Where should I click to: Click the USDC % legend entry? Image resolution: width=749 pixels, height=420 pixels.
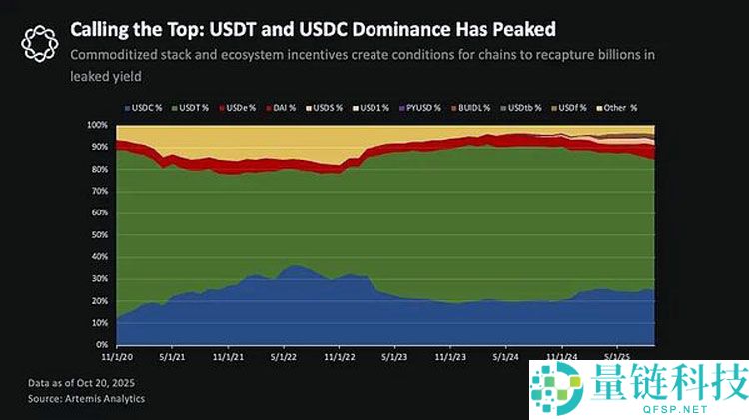[146, 106]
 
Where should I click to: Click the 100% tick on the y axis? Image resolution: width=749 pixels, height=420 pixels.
[98, 125]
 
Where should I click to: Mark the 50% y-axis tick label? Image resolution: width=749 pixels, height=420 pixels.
[100, 234]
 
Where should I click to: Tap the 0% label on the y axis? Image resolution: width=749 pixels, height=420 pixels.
[102, 344]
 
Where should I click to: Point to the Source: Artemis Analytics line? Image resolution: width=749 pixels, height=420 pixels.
[85, 398]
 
